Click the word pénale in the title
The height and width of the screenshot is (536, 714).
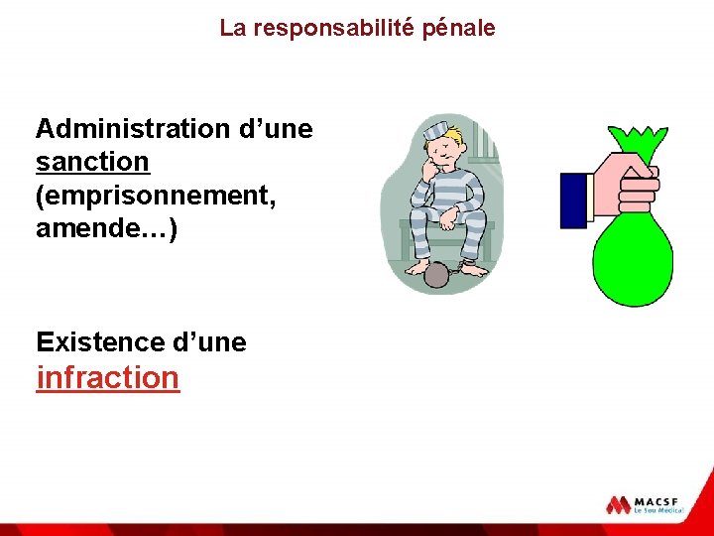pyautogui.click(x=458, y=28)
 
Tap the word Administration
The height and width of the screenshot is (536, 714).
pyautogui.click(x=132, y=129)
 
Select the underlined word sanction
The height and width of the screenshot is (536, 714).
pyautogui.click(x=92, y=161)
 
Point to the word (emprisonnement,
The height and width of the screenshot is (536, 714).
pyautogui.click(x=156, y=195)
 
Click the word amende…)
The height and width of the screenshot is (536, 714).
pyautogui.click(x=106, y=228)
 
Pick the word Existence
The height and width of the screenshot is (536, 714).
pyautogui.click(x=100, y=342)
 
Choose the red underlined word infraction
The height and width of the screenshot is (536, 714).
pyautogui.click(x=108, y=378)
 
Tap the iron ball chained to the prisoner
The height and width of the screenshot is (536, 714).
pyautogui.click(x=436, y=275)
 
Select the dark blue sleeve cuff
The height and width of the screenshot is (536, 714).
pyautogui.click(x=575, y=201)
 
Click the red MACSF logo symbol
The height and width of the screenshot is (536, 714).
pyautogui.click(x=619, y=504)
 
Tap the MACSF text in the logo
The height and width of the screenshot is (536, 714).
pyautogui.click(x=659, y=499)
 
